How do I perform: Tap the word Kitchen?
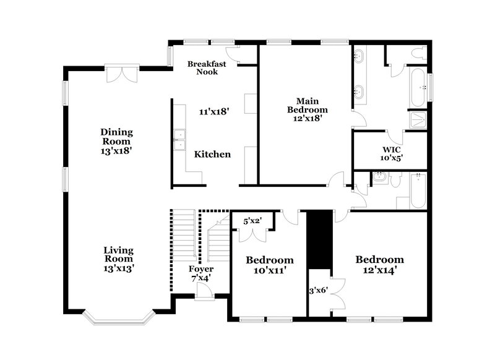pyautogui.click(x=212, y=154)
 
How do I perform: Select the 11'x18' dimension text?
pyautogui.click(x=214, y=112)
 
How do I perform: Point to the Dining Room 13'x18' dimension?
pyautogui.click(x=118, y=150)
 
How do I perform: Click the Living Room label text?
pyautogui.click(x=118, y=254)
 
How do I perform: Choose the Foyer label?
pyautogui.click(x=201, y=269)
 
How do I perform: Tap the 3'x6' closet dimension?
pyautogui.click(x=319, y=289)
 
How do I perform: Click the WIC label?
pyautogui.click(x=390, y=149)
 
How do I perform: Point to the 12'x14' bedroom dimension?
pyautogui.click(x=379, y=270)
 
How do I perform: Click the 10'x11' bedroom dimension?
pyautogui.click(x=269, y=270)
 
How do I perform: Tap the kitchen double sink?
pyautogui.click(x=179, y=140)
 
